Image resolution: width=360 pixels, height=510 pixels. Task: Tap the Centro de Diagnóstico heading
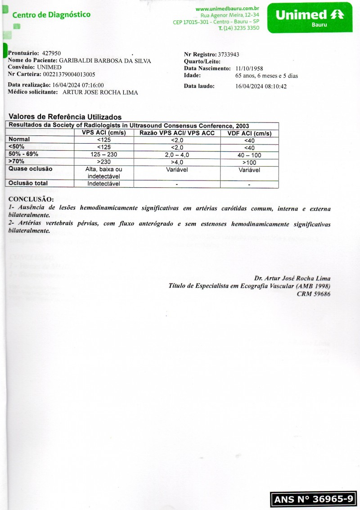pyautogui.click(x=51, y=15)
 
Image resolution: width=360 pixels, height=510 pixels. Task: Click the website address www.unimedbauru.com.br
pyautogui.click(x=227, y=9)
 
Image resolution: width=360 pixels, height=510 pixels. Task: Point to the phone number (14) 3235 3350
pyautogui.click(x=241, y=28)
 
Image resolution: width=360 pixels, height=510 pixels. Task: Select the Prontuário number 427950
pyautogui.click(x=51, y=54)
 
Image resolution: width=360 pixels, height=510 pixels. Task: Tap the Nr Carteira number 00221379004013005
pyautogui.click(x=66, y=75)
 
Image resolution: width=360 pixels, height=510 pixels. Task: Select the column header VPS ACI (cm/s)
pyautogui.click(x=103, y=133)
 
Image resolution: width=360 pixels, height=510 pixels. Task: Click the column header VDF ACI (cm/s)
pyautogui.click(x=249, y=134)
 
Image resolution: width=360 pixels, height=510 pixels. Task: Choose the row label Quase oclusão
pyautogui.click(x=31, y=169)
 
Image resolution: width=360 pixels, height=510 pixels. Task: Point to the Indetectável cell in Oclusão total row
pyautogui.click(x=103, y=183)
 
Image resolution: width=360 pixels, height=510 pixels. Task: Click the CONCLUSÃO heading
pyautogui.click(x=31, y=199)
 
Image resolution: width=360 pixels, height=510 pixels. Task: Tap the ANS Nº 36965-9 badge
pyautogui.click(x=313, y=499)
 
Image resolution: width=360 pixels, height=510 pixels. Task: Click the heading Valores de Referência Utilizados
pyautogui.click(x=65, y=117)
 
